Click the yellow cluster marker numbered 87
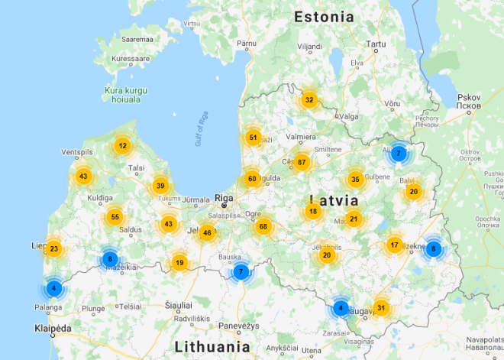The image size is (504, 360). click(302, 162)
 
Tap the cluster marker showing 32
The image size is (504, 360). click(309, 99)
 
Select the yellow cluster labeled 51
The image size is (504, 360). click(253, 138)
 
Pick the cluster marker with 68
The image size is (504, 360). click(263, 226)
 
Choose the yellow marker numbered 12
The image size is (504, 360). click(122, 145)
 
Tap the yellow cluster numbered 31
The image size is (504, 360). click(381, 308)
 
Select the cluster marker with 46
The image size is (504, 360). click(206, 233)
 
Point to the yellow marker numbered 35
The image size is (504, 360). click(355, 180)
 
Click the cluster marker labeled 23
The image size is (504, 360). click(53, 248)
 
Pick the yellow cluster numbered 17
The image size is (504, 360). click(394, 245)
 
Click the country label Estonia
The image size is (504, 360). click(324, 16)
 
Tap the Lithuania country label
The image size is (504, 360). click(212, 346)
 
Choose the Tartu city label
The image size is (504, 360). click(376, 45)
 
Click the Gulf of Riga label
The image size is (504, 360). click(202, 128)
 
